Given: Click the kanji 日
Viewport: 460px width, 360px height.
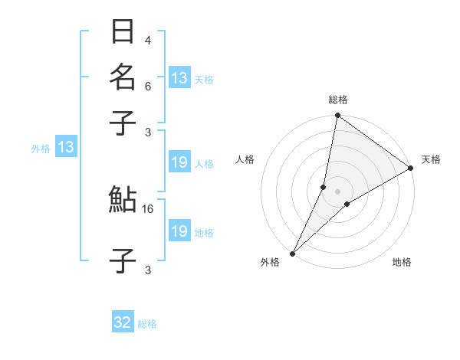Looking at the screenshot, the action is [123, 33].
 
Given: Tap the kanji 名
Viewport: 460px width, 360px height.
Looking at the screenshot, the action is [123, 77].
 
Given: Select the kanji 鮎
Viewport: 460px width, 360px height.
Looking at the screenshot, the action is [123, 200].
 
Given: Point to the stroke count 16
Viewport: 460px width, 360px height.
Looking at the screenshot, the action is [148, 208].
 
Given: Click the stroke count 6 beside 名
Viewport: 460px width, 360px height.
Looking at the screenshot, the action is [148, 87].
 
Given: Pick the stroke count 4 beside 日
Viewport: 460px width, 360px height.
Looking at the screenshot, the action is [148, 41].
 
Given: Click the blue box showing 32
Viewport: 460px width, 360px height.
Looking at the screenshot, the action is [123, 322].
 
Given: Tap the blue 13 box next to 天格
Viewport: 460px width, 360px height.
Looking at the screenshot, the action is [179, 77].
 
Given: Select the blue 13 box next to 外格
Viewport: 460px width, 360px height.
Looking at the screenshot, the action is [66, 148].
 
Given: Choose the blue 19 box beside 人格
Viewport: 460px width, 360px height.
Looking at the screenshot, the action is [179, 162].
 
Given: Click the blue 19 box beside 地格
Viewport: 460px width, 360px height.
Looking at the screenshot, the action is [179, 231].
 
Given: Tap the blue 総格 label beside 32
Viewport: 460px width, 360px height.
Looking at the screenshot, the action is [147, 324].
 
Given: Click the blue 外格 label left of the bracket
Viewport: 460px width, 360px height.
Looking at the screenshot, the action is [41, 149].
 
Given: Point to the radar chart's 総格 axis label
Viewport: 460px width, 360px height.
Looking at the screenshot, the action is [338, 100].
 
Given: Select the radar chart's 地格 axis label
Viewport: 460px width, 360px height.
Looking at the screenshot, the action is [402, 263].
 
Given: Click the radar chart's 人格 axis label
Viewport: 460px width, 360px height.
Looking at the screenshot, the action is [245, 159].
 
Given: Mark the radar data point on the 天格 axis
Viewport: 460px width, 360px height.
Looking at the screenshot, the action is [411, 168].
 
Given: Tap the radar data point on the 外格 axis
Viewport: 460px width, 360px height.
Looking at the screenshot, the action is [293, 253].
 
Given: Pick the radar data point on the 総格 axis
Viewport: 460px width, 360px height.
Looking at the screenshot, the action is [338, 116].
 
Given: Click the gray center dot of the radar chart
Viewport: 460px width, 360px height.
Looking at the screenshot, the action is [338, 191].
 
